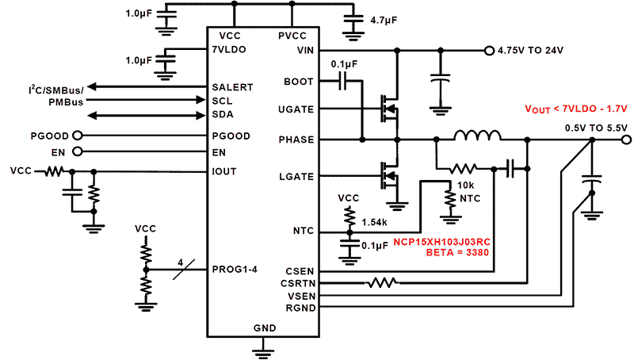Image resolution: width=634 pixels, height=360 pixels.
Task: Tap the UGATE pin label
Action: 297,109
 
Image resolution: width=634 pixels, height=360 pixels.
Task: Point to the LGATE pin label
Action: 298,175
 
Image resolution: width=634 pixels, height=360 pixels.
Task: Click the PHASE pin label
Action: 297,140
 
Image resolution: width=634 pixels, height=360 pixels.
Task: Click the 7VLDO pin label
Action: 230,49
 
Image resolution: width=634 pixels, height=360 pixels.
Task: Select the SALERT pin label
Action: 232,86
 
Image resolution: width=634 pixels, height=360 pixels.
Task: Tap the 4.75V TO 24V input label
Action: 530,51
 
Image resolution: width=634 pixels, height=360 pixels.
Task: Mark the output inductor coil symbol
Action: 478,136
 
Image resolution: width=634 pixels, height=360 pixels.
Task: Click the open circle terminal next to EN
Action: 78,151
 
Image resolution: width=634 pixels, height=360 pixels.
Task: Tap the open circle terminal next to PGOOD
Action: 78,136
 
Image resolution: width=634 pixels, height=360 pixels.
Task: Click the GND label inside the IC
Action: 264,327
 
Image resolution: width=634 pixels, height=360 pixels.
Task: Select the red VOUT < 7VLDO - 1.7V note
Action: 576,109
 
